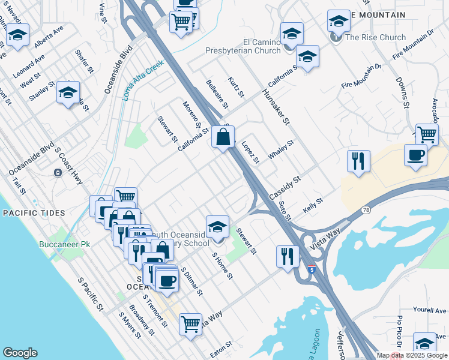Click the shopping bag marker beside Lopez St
pyautogui.click(x=223, y=137)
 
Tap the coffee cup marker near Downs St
pyautogui.click(x=416, y=156)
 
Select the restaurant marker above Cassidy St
pyautogui.click(x=358, y=161)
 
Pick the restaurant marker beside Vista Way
pyautogui.click(x=288, y=256)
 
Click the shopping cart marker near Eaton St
pyautogui.click(x=190, y=325)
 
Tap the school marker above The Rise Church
pyautogui.click(x=339, y=22)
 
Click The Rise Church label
pyautogui.click(x=376, y=37)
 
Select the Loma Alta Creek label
pyautogui.click(x=143, y=80)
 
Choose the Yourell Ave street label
pyautogui.click(x=429, y=311)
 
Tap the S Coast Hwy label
pyautogui.click(x=67, y=161)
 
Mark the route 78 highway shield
pyautogui.click(x=366, y=210)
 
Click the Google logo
pyautogui.click(x=20, y=353)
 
